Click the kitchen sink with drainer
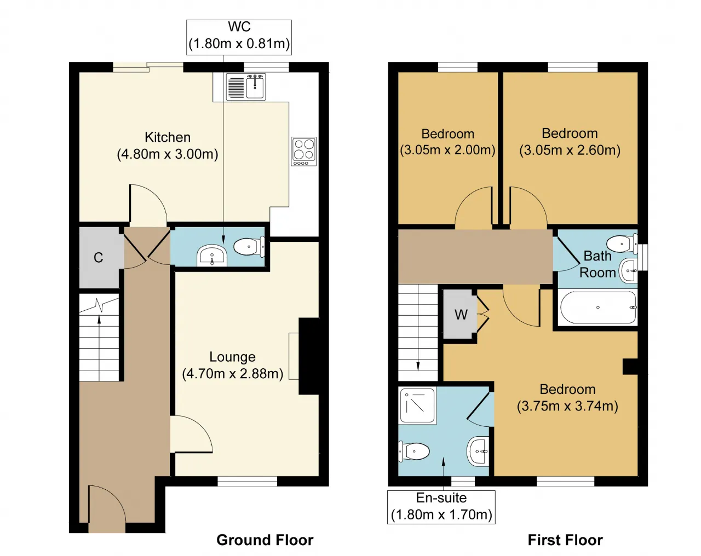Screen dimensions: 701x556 (x=246, y=86)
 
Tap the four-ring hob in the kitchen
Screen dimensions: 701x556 (x=303, y=152)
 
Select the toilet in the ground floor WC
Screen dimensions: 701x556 (x=249, y=246)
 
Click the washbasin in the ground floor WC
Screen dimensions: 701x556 (x=212, y=255)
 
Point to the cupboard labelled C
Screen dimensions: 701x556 (x=99, y=257)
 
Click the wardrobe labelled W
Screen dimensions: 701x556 (x=461, y=314)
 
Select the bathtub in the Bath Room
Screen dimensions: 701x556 (x=598, y=308)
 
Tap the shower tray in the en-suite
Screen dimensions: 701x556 (x=417, y=406)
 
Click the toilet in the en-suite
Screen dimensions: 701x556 (x=413, y=451)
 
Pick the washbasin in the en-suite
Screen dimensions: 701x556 (x=478, y=451)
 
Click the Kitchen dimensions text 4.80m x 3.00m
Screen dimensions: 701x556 (x=168, y=154)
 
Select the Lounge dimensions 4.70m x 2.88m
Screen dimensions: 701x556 (x=233, y=373)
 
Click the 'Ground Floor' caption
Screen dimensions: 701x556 (x=265, y=540)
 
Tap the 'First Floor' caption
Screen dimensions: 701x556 (x=565, y=540)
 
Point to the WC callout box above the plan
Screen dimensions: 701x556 (x=239, y=37)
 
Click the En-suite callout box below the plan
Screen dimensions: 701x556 (x=441, y=507)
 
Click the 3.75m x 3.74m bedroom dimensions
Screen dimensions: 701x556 (x=567, y=406)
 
